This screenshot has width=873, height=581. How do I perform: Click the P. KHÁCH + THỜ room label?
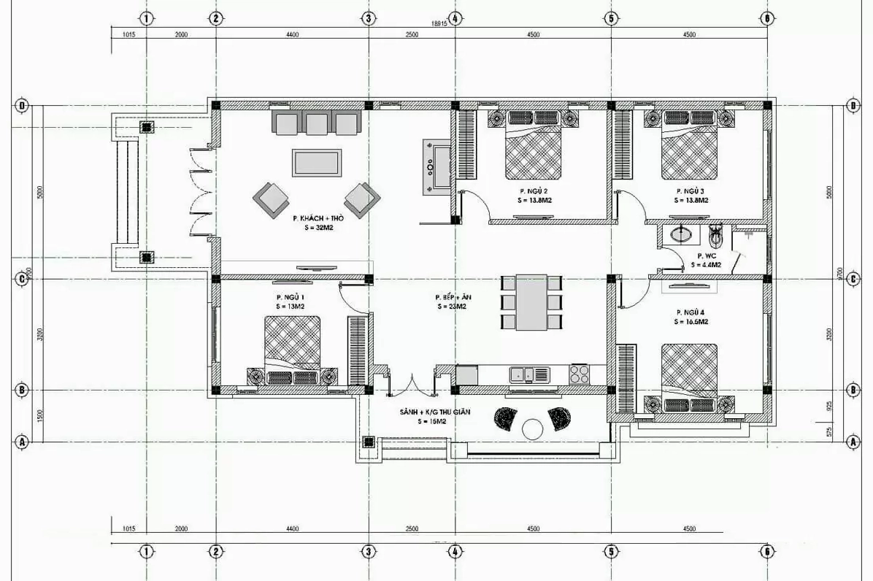tap(318, 218)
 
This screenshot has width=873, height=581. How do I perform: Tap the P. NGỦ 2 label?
tap(533, 191)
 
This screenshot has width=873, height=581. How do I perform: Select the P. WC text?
tap(705, 256)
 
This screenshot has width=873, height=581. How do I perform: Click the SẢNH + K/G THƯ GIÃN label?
tap(434, 412)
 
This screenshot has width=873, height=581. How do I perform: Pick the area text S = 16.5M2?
tap(693, 321)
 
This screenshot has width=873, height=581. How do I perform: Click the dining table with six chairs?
tap(531, 302)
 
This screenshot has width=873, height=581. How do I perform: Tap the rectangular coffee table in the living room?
tap(316, 162)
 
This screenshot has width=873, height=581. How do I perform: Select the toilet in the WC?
tap(716, 234)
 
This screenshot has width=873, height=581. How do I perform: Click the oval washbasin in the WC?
tap(682, 234)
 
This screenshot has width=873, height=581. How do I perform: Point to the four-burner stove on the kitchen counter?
tap(579, 374)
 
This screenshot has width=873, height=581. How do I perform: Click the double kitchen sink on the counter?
tap(530, 374)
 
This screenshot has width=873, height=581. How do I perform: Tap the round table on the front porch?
tap(533, 429)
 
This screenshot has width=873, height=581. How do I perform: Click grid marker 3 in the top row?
tap(369, 19)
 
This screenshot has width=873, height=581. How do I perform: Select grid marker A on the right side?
tap(852, 442)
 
